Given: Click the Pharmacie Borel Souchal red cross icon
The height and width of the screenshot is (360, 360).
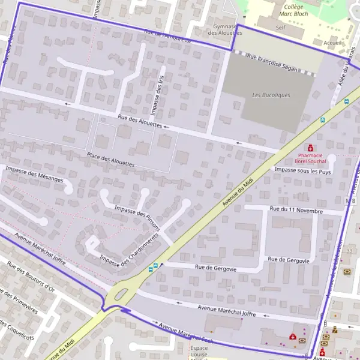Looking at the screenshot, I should (x=310, y=148).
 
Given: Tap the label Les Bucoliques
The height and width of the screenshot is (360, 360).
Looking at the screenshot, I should (x=271, y=95).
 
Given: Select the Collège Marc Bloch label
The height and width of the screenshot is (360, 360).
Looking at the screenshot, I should (x=293, y=11).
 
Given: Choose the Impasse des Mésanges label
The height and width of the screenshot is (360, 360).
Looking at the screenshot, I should (x=34, y=174).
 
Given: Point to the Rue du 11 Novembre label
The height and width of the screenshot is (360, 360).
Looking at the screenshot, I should (x=296, y=211).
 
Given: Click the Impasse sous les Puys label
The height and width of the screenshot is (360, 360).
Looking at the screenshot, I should (x=302, y=172).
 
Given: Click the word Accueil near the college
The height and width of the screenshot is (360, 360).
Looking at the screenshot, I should (x=332, y=43).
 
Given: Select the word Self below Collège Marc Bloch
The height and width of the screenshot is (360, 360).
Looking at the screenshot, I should (x=280, y=28).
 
